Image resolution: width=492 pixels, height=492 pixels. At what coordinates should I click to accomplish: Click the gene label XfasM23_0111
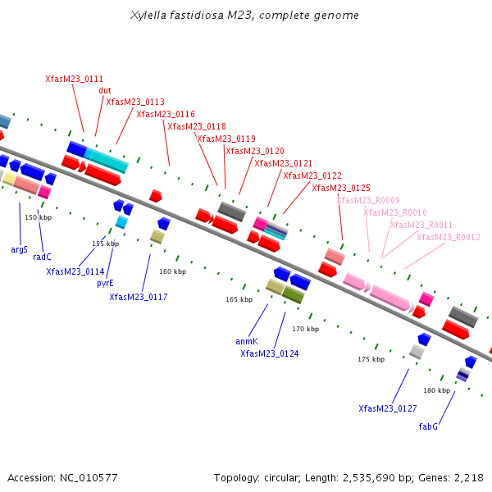point(74,79)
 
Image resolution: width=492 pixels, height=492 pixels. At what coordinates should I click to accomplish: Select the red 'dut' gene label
point(105,90)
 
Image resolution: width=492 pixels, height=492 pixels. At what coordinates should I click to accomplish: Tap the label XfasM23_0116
point(166,114)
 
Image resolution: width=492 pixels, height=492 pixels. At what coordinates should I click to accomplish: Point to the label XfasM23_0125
point(341,188)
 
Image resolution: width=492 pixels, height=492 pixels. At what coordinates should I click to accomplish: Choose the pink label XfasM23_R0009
point(368,200)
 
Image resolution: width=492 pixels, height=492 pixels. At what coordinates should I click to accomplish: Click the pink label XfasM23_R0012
point(449,237)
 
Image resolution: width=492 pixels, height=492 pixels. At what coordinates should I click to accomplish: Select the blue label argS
point(19,248)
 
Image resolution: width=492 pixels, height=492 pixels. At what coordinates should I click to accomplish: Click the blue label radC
point(42,257)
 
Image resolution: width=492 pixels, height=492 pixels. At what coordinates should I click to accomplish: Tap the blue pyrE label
point(105,283)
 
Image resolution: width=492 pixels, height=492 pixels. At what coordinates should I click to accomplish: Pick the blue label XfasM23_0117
point(139,297)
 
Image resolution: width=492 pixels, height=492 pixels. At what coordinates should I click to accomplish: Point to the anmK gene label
point(247,341)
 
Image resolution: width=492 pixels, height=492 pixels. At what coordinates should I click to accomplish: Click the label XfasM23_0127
point(388,408)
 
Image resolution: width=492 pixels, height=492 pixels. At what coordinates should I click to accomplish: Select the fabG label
point(428,426)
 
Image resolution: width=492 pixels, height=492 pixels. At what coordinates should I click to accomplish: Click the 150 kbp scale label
point(39,217)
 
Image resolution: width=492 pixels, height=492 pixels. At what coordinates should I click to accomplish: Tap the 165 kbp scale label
point(239,299)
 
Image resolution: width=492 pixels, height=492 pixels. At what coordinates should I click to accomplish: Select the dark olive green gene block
point(293,294)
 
